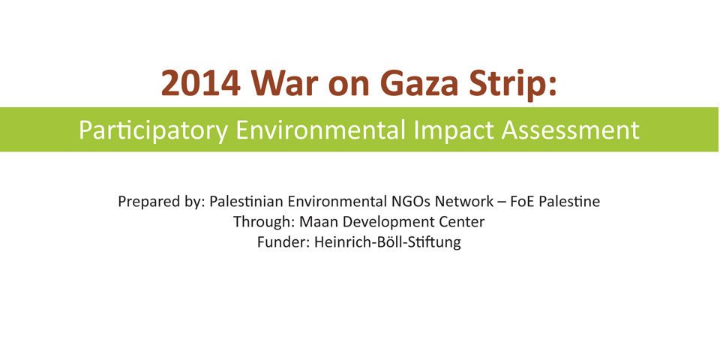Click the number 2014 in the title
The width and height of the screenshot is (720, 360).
click(201, 82)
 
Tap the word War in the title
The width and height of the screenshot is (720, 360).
click(286, 82)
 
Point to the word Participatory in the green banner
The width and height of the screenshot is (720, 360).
click(153, 130)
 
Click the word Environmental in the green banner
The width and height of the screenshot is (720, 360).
click(320, 130)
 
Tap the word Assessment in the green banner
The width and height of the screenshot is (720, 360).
click(570, 130)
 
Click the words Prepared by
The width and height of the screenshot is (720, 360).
click(161, 202)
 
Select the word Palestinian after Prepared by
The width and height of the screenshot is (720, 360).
click(247, 201)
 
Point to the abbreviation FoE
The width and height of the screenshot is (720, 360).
click(523, 201)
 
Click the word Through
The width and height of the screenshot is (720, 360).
click(264, 223)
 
